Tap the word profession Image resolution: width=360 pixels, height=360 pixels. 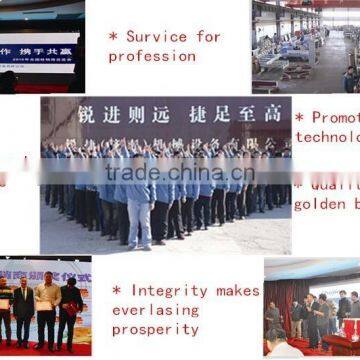click(152, 56)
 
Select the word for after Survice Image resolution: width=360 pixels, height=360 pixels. click(208, 37)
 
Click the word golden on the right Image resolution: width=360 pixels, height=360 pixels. click(320, 205)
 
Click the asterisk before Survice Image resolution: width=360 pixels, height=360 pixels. click(113, 37)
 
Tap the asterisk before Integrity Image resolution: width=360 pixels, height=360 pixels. click(117, 291)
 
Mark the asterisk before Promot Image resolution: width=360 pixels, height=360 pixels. click(300, 118)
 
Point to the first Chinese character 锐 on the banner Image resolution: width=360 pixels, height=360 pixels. click(87, 114)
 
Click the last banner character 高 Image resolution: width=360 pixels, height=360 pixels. click(272, 114)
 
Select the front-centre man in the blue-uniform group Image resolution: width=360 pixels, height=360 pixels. click(140, 205)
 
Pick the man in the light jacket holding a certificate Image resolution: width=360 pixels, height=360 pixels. click(45, 310)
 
